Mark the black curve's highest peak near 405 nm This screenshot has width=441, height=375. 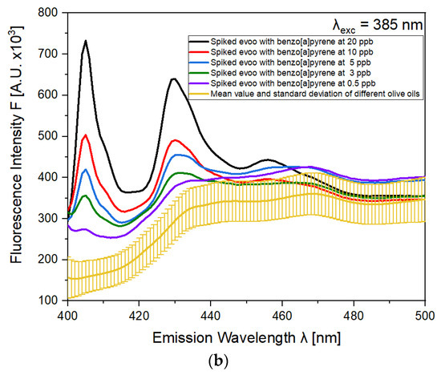pyautogui.click(x=85, y=40)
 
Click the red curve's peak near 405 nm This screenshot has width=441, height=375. pyautogui.click(x=86, y=135)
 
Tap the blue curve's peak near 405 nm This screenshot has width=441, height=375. pyautogui.click(x=86, y=169)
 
